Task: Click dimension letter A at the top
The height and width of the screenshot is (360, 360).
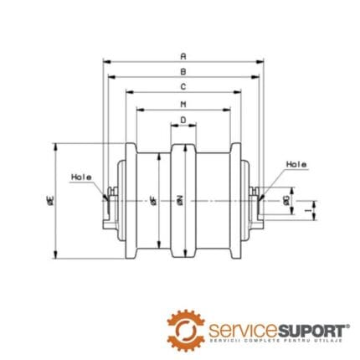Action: [x=183, y=55]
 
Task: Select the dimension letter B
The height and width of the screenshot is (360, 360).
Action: [x=183, y=71]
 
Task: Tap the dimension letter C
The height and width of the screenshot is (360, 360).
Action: [x=183, y=87]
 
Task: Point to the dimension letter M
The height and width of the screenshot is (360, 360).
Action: [x=183, y=104]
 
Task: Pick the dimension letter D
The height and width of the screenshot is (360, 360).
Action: [x=183, y=121]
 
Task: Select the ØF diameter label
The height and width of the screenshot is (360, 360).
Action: [x=152, y=200]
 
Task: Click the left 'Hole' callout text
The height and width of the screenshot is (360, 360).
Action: [x=81, y=177]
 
